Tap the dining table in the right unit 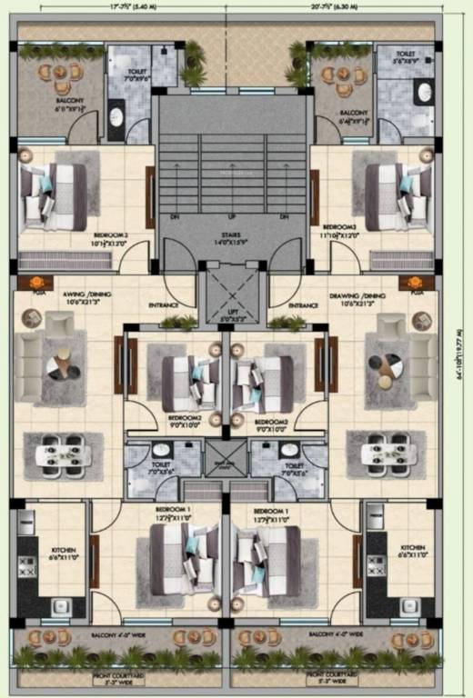(387, 453)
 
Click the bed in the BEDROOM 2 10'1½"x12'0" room (56, 195)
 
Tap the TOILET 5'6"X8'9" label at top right (406, 56)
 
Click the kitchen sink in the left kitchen (63, 606)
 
